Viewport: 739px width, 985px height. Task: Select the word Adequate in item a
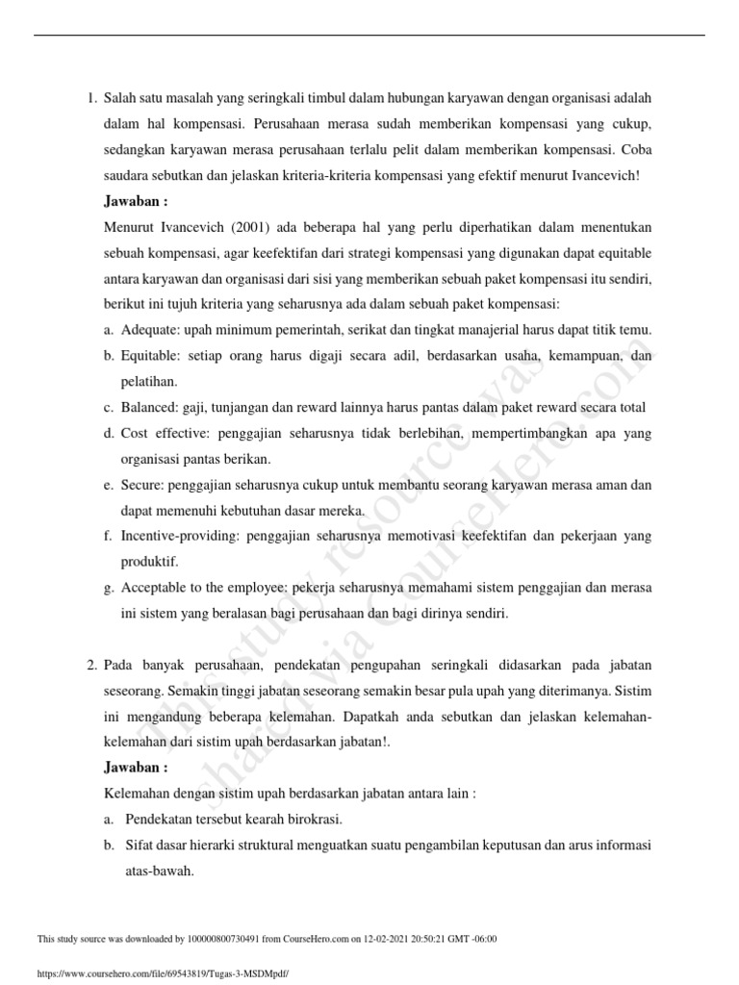tap(153, 330)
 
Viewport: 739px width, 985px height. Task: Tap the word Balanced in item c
tap(150, 407)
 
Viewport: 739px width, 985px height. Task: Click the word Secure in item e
tap(142, 485)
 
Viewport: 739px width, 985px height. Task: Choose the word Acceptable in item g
tap(156, 589)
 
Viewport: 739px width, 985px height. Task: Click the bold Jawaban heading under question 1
tap(136, 201)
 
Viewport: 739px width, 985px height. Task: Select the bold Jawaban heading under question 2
tap(136, 768)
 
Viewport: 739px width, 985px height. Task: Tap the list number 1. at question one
tap(91, 98)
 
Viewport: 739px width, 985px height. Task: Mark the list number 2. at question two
tap(91, 665)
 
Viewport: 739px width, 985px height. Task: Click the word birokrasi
tap(311, 820)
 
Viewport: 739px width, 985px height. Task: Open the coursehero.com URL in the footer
tap(162, 973)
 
